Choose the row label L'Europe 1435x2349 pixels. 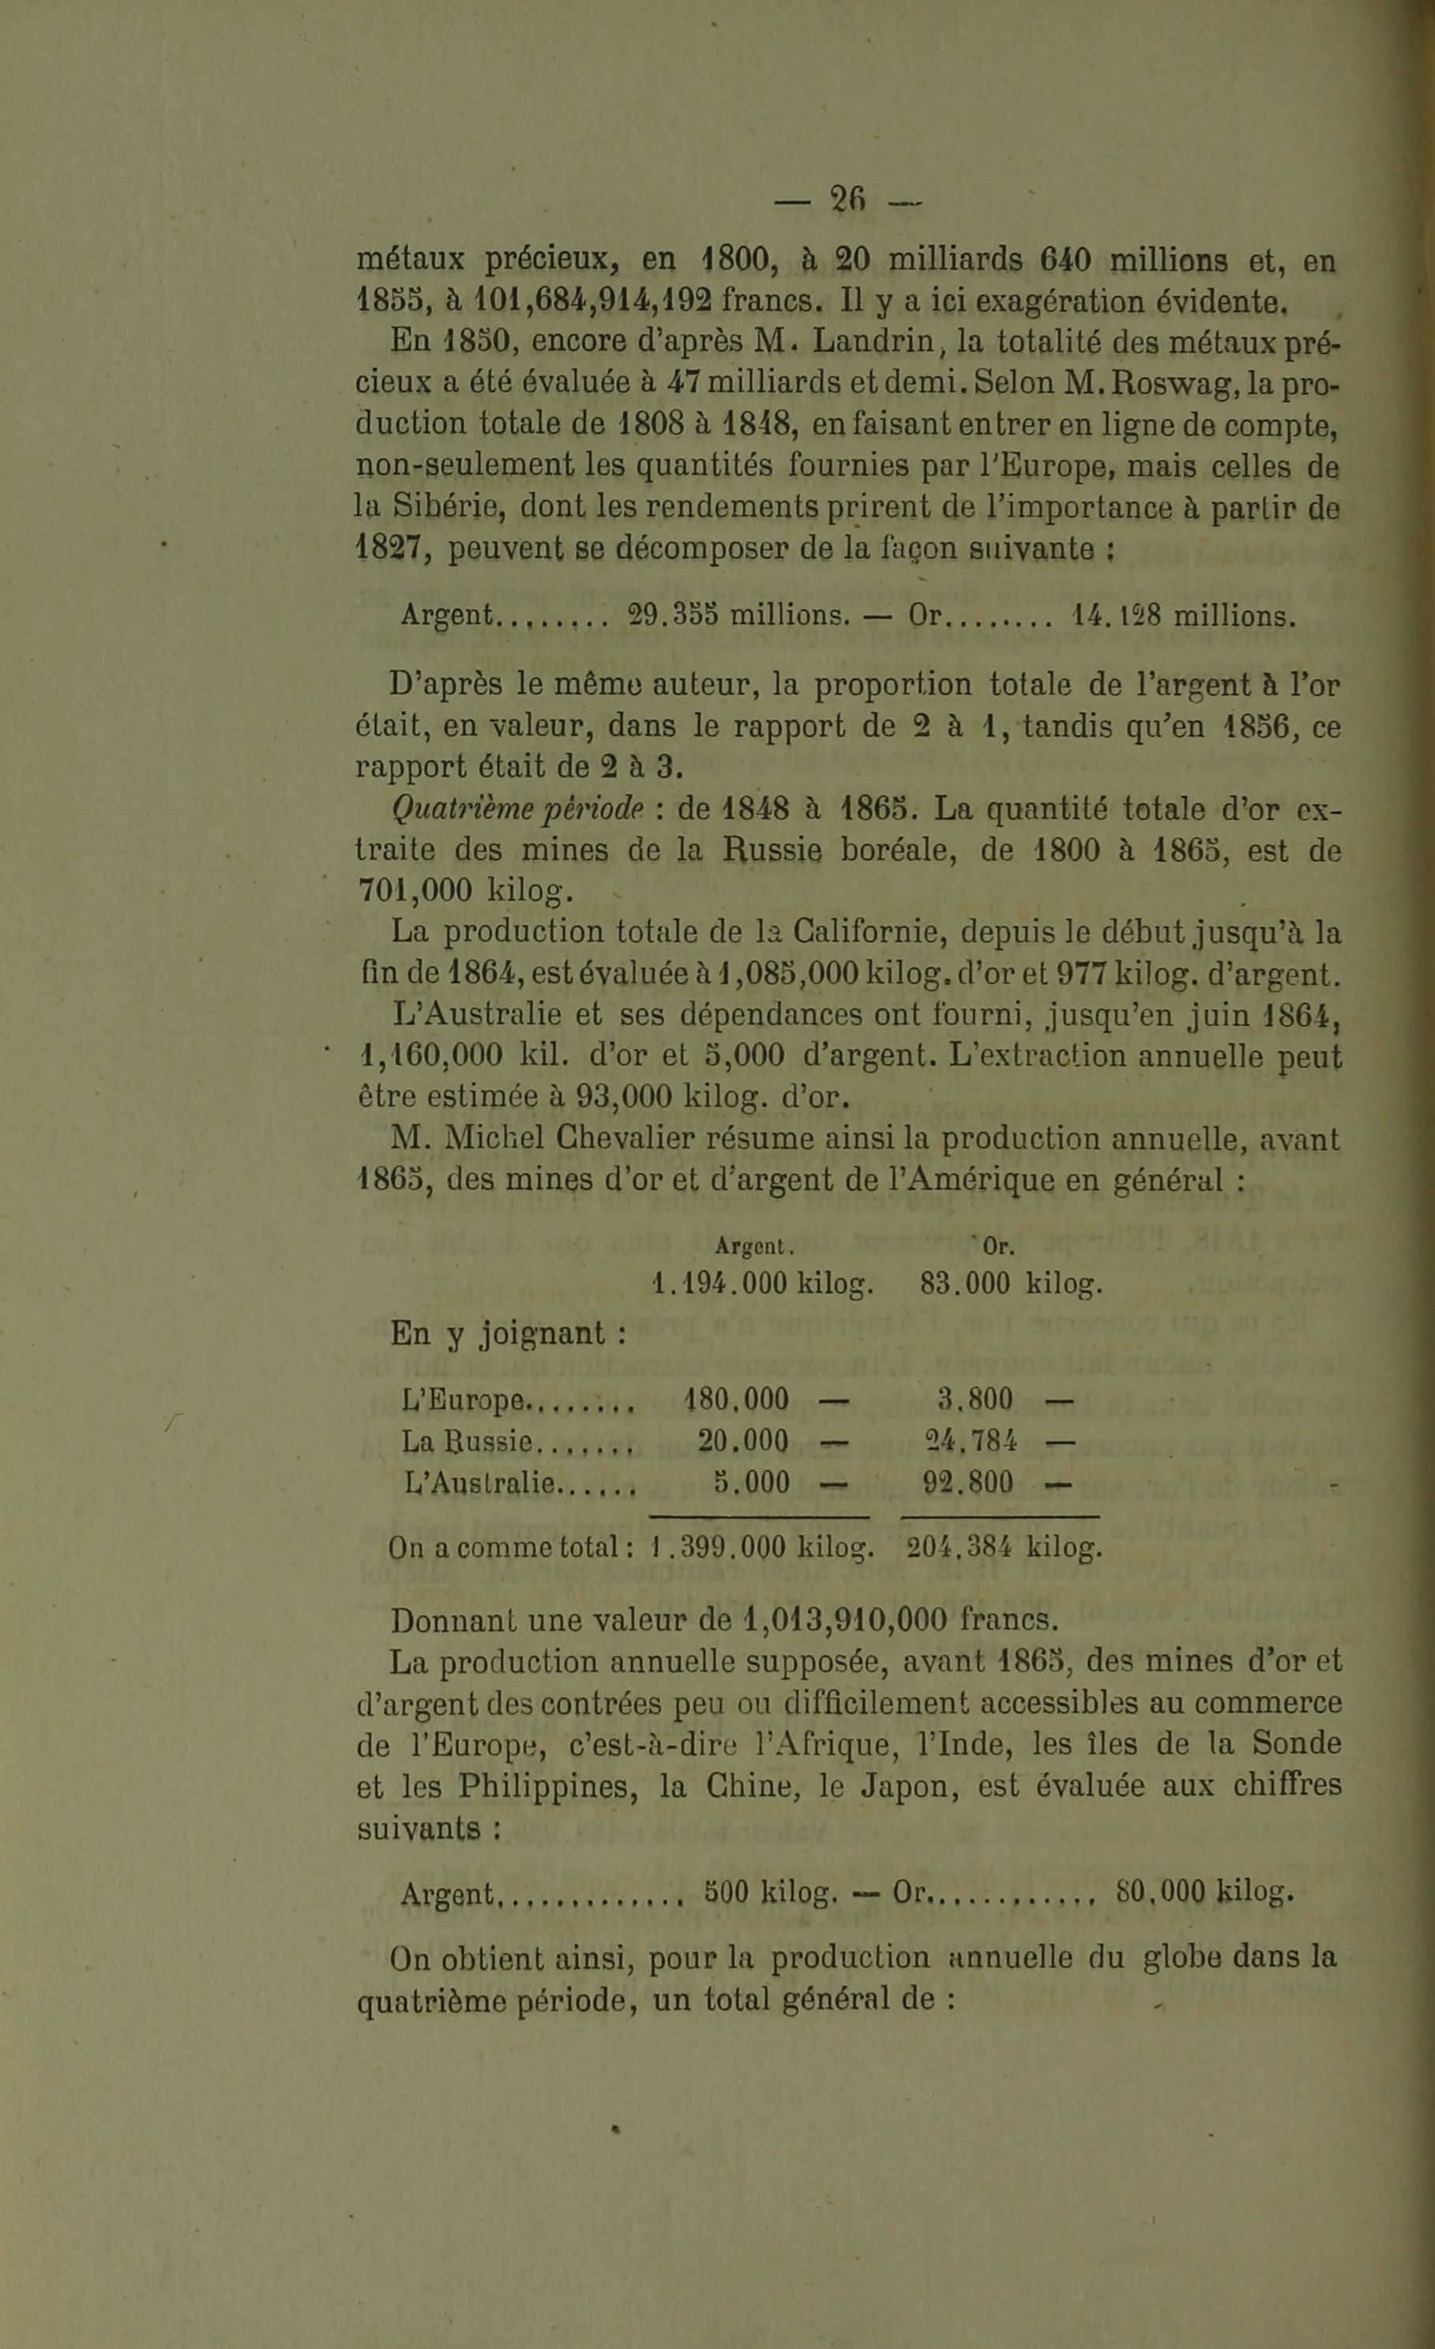[x=464, y=1400]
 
